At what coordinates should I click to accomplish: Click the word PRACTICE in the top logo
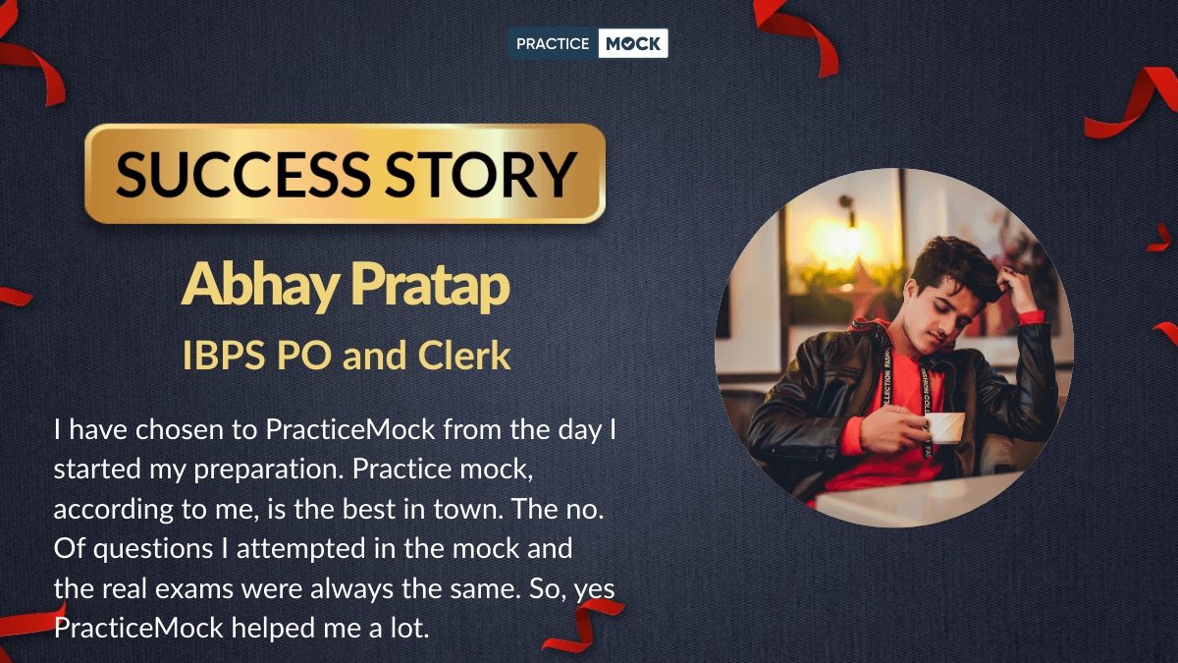552,43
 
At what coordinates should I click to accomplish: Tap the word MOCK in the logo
632,43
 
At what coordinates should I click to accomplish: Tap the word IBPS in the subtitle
224,356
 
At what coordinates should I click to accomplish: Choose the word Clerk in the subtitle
464,356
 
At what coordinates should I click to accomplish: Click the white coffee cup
945,426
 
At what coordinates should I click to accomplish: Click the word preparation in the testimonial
268,470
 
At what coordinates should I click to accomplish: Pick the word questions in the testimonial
153,550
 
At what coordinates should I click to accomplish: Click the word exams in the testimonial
194,588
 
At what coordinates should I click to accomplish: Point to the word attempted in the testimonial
300,549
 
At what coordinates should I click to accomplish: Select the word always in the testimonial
351,589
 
